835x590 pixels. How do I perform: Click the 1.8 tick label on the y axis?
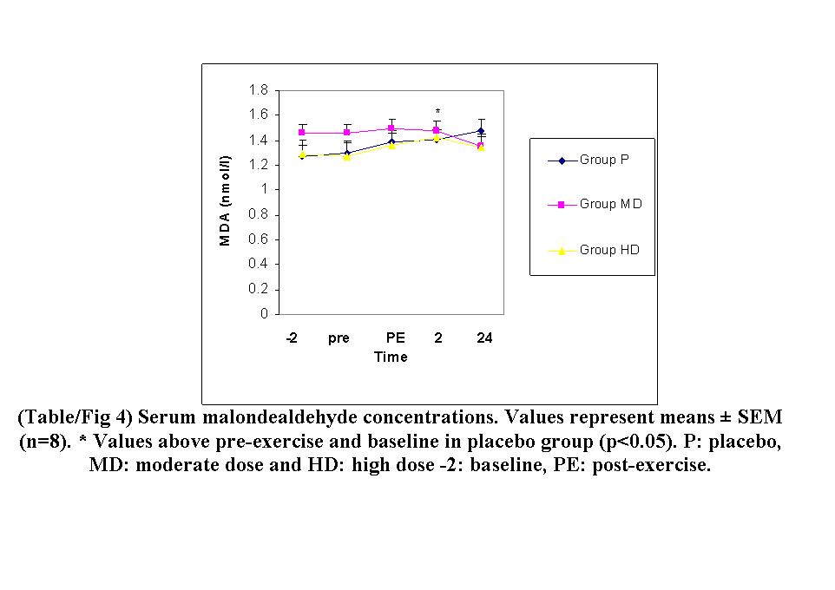pyautogui.click(x=258, y=89)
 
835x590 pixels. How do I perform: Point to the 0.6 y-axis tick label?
pyautogui.click(x=258, y=239)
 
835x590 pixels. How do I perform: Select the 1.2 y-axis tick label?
pyautogui.click(x=258, y=165)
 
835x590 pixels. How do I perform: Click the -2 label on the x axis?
pyautogui.click(x=292, y=338)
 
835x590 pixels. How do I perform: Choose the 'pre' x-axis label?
pyautogui.click(x=339, y=338)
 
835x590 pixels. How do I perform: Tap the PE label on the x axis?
pyautogui.click(x=395, y=338)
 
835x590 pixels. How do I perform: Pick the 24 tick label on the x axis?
pyautogui.click(x=484, y=338)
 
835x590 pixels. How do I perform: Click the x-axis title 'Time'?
pyautogui.click(x=391, y=357)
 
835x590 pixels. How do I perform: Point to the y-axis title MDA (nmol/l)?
pyautogui.click(x=226, y=200)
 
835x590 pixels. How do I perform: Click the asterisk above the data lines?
pyautogui.click(x=438, y=111)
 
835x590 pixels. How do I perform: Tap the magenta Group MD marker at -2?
pyautogui.click(x=302, y=133)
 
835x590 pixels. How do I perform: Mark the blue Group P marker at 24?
pyautogui.click(x=481, y=130)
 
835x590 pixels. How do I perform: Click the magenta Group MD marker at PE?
pyautogui.click(x=391, y=128)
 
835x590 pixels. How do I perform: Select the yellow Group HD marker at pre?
pyautogui.click(x=346, y=157)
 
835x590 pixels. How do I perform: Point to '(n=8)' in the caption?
pyautogui.click(x=44, y=441)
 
